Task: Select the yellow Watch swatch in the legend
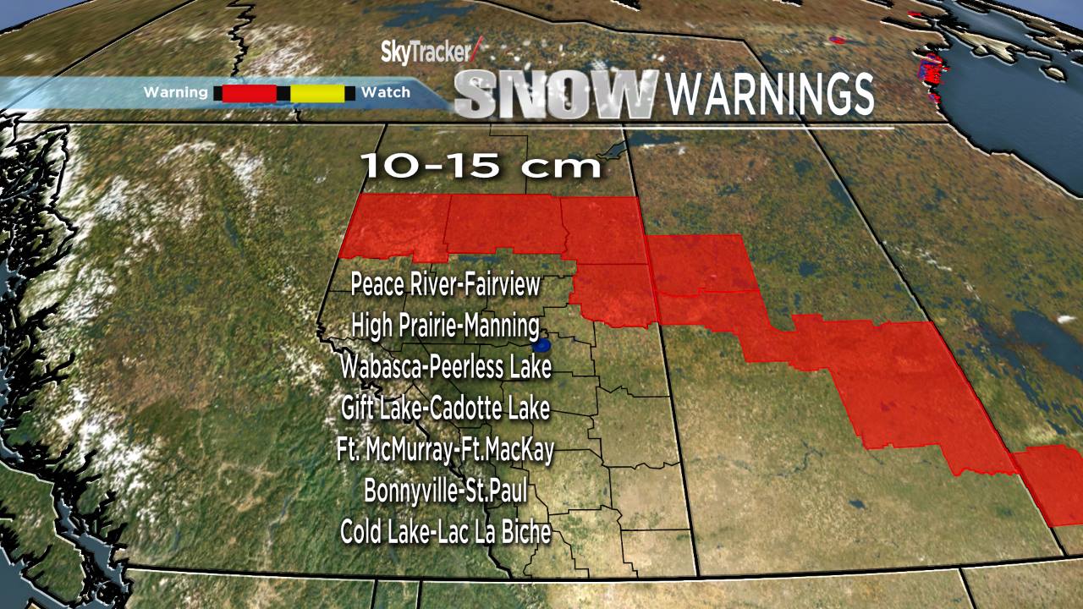pyautogui.click(x=318, y=93)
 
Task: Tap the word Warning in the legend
pyautogui.click(x=175, y=92)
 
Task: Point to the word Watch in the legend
pyautogui.click(x=385, y=92)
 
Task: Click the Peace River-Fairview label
pyautogui.click(x=445, y=284)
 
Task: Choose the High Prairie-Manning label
pyautogui.click(x=445, y=325)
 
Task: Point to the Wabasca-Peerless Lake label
pyautogui.click(x=445, y=367)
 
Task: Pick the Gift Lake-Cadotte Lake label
pyautogui.click(x=445, y=409)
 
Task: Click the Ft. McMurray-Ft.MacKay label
pyautogui.click(x=445, y=450)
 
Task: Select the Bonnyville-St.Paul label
pyautogui.click(x=445, y=491)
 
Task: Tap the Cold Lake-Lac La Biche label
pyautogui.click(x=445, y=532)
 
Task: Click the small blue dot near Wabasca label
pyautogui.click(x=542, y=345)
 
